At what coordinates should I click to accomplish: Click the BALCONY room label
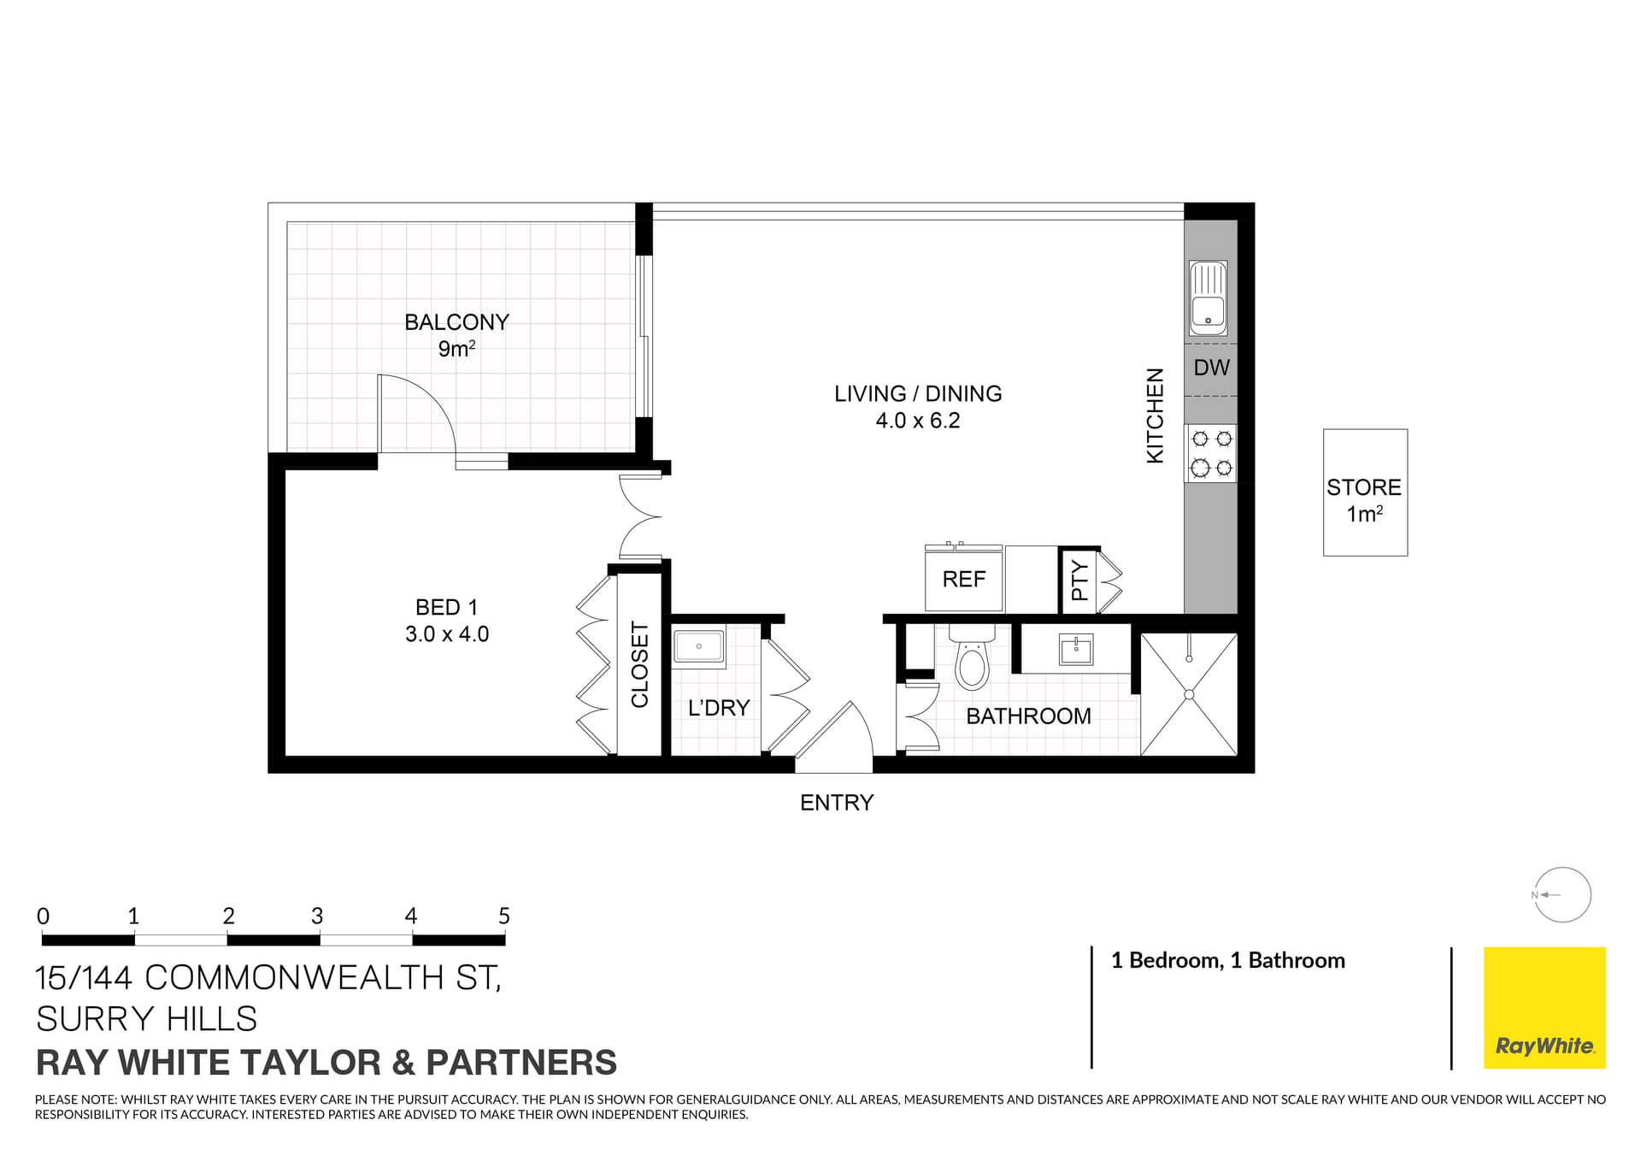tap(456, 322)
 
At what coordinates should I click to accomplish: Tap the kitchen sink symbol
tap(1208, 298)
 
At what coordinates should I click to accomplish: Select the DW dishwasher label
tap(1211, 368)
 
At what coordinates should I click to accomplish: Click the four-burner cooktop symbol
tap(1211, 453)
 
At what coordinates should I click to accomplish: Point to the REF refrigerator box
tap(963, 580)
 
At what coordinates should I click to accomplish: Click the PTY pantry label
tap(1079, 580)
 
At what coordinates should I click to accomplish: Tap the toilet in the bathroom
tap(972, 659)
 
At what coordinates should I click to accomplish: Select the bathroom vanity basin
tap(1075, 649)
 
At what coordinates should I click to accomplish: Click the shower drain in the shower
tap(1189, 695)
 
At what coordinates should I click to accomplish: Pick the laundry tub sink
tap(698, 646)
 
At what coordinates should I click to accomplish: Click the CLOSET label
tap(639, 664)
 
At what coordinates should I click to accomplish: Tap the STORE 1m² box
tap(1364, 492)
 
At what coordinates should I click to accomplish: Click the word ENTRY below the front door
tap(836, 803)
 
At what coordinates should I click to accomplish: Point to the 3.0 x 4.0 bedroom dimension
tap(447, 634)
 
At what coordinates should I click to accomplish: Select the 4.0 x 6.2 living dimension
tap(917, 421)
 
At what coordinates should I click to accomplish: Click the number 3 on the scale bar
tap(317, 916)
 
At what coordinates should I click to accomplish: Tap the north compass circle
tap(1562, 895)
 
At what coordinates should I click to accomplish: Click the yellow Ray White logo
tap(1544, 1007)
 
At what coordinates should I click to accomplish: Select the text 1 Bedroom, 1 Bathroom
tap(1227, 961)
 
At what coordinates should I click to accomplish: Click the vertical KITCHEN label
tap(1155, 415)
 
